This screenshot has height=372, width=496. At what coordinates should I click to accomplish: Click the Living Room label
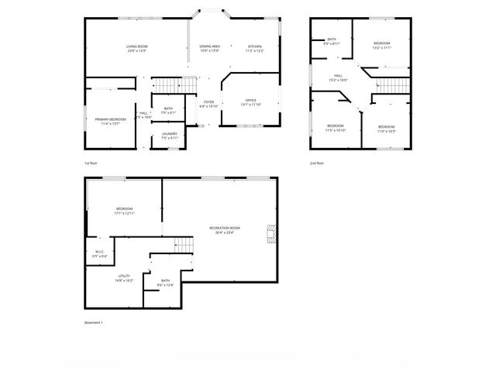pyautogui.click(x=136, y=48)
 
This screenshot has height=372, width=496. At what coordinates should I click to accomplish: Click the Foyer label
pyautogui.click(x=208, y=103)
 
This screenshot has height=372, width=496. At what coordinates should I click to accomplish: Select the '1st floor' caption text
pyautogui.click(x=91, y=164)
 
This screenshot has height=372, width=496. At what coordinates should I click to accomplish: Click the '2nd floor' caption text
pyautogui.click(x=317, y=164)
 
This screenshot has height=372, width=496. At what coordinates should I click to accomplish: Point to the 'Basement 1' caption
pyautogui.click(x=93, y=322)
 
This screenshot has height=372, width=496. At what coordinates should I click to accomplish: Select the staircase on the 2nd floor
pyautogui.click(x=392, y=83)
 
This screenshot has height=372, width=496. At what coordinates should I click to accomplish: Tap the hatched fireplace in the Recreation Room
pyautogui.click(x=270, y=234)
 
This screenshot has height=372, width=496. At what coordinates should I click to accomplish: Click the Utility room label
pyautogui.click(x=124, y=277)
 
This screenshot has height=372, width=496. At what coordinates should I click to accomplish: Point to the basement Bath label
pyautogui.click(x=165, y=282)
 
